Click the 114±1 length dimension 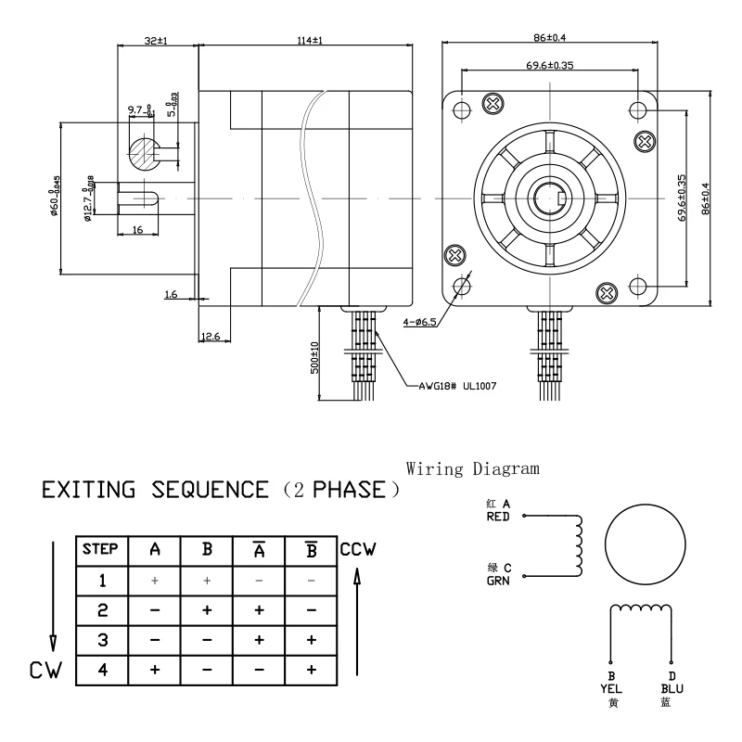[306, 40]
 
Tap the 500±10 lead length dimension [313, 356]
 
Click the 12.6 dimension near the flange [210, 336]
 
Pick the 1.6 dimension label [171, 294]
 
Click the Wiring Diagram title [473, 468]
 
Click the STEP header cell [100, 548]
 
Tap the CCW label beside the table [357, 549]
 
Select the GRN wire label [498, 583]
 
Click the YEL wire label [611, 689]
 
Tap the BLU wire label [672, 689]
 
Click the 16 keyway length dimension [137, 228]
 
